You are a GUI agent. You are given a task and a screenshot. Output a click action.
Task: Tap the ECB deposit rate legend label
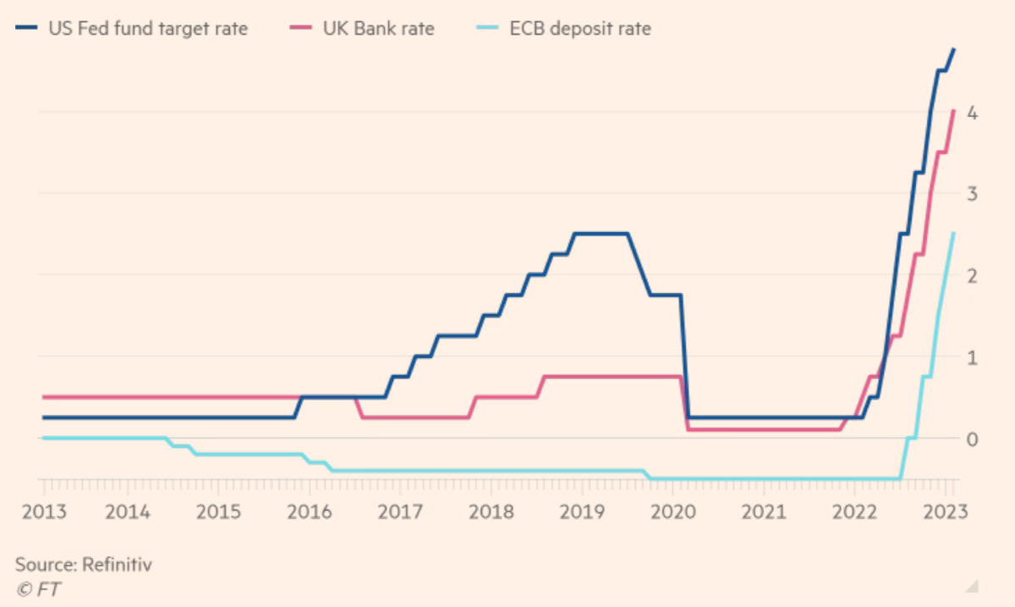[x=579, y=30]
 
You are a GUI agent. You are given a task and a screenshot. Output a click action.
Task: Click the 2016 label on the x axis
[x=309, y=512]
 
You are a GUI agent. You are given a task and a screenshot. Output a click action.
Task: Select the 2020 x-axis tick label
[x=674, y=512]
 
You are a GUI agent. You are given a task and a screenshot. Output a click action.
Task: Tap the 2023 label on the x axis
[x=944, y=512]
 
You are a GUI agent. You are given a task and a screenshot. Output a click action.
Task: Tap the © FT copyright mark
[x=39, y=588]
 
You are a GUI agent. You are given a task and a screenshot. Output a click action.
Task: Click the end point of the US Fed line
[x=954, y=49]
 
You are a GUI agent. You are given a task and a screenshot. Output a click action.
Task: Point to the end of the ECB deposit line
[x=954, y=233]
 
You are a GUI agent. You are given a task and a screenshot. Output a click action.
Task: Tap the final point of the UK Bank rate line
[x=954, y=110]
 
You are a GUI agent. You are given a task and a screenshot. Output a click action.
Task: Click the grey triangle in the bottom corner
[x=974, y=586]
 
